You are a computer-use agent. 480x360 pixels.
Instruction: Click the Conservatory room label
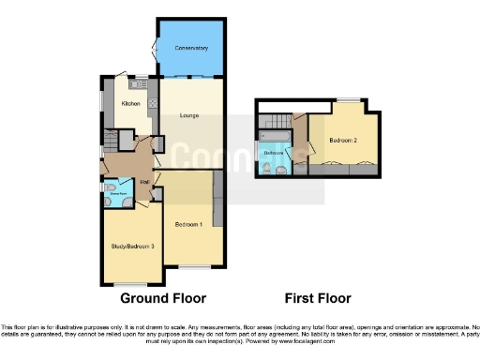pos(190,47)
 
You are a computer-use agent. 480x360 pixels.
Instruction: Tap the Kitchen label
pos(130,104)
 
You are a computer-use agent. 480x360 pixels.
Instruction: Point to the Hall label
pos(145,181)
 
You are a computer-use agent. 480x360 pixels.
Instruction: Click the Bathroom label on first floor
pos(274,152)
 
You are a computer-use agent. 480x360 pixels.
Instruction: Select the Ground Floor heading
pos(162,299)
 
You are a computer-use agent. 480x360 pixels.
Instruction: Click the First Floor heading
pos(318,299)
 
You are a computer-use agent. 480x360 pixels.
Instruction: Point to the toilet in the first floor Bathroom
pos(267,167)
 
